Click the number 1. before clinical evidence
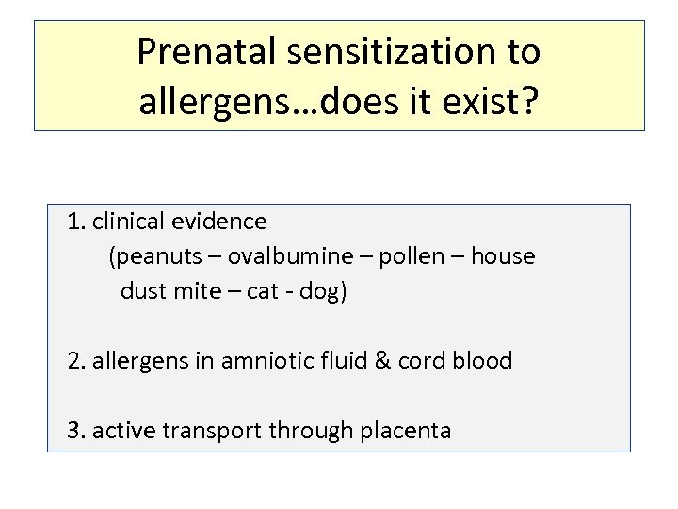[x=77, y=222]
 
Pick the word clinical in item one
[x=130, y=222]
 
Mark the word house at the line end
[x=503, y=256]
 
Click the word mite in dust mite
[x=196, y=291]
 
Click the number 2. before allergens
[x=77, y=361]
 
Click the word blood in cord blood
[x=482, y=361]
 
